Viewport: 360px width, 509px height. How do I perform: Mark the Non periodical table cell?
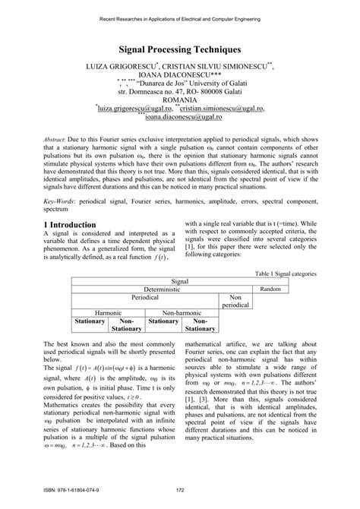pyautogui.click(x=235, y=301)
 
